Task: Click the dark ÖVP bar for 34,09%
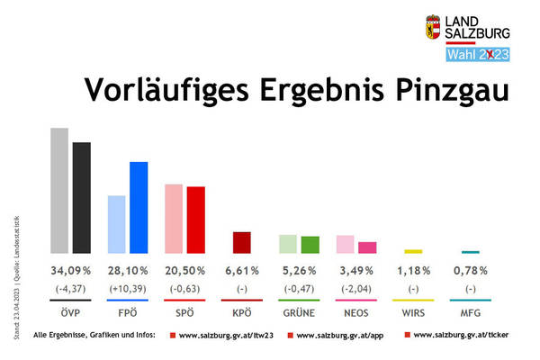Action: (x=82, y=198)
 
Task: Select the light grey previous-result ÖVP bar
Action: (x=59, y=191)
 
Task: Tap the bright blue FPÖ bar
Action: (x=139, y=207)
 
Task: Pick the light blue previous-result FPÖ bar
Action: (x=117, y=224)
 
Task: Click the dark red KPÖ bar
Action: (x=241, y=242)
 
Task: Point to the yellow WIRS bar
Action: (x=413, y=251)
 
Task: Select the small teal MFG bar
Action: (x=471, y=252)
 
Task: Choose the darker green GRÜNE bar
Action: (x=310, y=244)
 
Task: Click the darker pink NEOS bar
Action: (x=367, y=247)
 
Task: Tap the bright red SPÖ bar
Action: (x=195, y=220)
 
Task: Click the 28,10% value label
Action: (x=126, y=270)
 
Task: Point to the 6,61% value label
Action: (x=241, y=270)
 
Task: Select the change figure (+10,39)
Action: (x=126, y=288)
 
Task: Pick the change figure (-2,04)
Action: (x=355, y=288)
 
